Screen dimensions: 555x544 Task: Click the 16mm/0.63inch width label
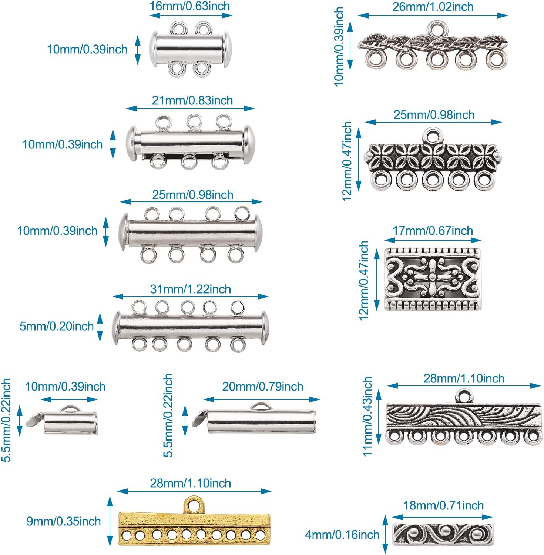click(x=189, y=6)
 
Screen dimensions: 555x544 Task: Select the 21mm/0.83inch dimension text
click(x=192, y=100)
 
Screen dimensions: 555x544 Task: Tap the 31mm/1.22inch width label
click(x=190, y=289)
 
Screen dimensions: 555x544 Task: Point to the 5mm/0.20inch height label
click(x=56, y=326)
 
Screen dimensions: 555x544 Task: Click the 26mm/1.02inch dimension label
click(x=433, y=7)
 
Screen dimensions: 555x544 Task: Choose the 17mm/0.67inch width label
click(x=433, y=231)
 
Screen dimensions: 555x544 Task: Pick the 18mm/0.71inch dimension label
click(x=443, y=505)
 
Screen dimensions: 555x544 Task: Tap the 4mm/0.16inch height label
click(x=342, y=534)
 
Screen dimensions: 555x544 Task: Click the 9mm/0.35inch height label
click(x=63, y=521)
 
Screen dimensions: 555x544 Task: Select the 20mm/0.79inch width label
click(x=262, y=387)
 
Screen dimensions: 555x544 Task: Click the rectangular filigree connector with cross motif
click(x=433, y=279)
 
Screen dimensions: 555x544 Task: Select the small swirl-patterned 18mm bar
click(x=443, y=534)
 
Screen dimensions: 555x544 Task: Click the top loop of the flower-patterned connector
click(x=433, y=135)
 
